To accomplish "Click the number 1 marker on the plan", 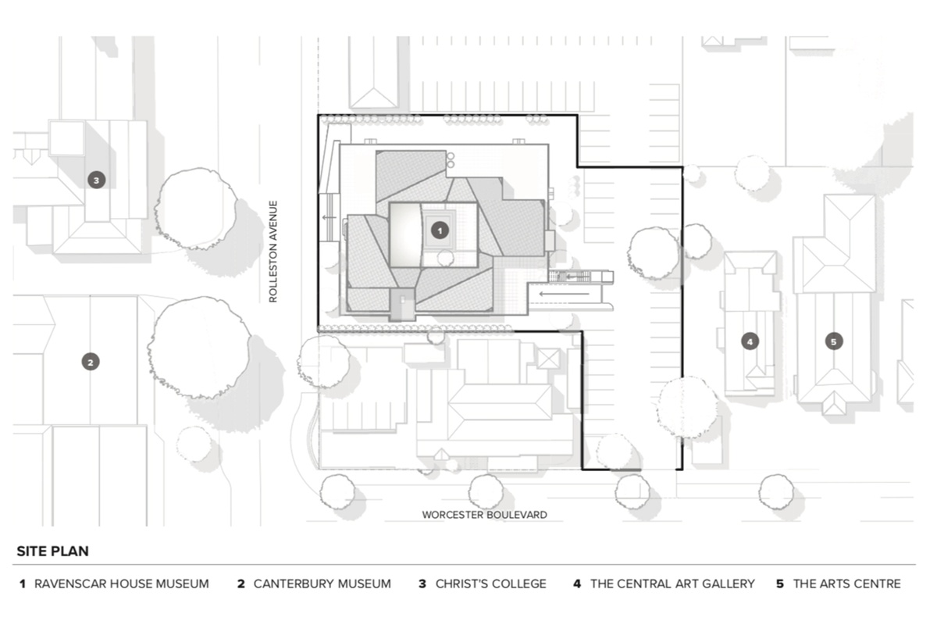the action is [x=440, y=230].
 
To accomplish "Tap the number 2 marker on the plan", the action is [x=91, y=362].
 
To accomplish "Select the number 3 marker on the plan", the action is [x=96, y=180].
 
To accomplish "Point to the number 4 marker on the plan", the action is [x=750, y=341].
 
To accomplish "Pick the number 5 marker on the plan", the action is [x=834, y=341].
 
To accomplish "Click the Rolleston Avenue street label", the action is [x=273, y=252].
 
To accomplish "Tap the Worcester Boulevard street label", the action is [x=484, y=515].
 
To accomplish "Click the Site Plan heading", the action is [x=52, y=551].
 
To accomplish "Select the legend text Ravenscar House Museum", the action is [x=122, y=584].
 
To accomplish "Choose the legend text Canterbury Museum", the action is [x=322, y=584].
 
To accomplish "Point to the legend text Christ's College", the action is [x=491, y=584].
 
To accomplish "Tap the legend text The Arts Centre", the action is [x=846, y=584].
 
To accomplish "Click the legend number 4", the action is [x=577, y=584].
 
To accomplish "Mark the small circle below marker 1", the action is [x=446, y=259].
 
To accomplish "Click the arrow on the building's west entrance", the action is [x=328, y=218].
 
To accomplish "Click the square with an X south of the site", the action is [x=549, y=359].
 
